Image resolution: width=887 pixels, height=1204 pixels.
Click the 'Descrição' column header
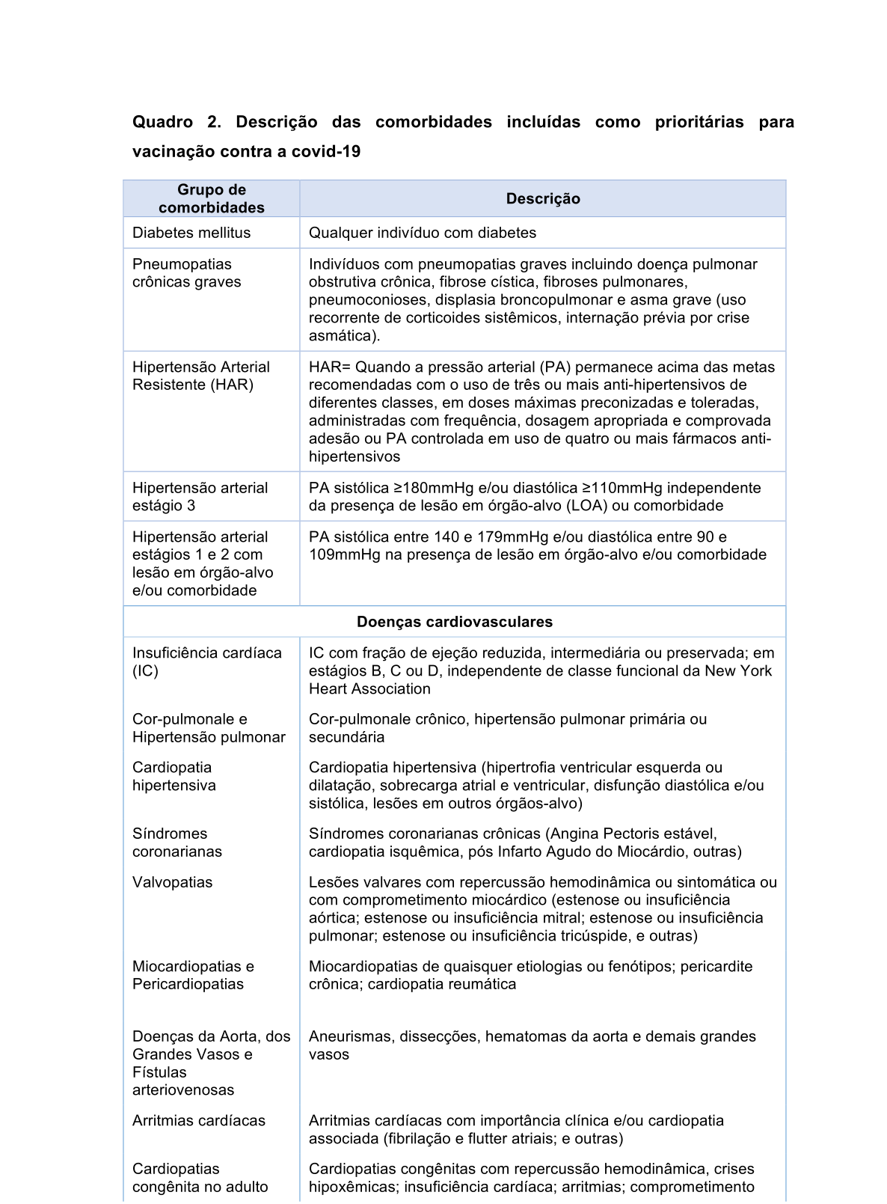click(x=542, y=199)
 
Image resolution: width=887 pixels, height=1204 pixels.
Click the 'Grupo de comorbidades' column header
click(x=212, y=199)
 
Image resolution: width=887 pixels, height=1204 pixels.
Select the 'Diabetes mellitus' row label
click(x=191, y=233)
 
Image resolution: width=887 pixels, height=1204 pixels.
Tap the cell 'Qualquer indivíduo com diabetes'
click(x=423, y=233)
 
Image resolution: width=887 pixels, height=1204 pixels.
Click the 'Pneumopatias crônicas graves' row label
click(x=186, y=273)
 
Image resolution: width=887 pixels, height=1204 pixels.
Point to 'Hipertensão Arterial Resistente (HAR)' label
click(x=200, y=376)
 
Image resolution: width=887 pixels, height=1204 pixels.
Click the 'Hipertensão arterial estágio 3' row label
click(x=200, y=497)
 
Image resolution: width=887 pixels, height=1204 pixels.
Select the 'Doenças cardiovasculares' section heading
click(x=455, y=622)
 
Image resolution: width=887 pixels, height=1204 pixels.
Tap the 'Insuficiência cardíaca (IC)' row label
click(x=206, y=661)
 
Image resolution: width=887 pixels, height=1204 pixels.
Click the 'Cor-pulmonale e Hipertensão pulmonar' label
click(x=209, y=728)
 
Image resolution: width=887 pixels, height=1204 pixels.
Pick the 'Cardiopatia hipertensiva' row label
click(x=174, y=776)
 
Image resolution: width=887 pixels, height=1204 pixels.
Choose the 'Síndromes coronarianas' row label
click(x=177, y=843)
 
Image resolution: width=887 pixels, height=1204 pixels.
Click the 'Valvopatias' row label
click(x=172, y=882)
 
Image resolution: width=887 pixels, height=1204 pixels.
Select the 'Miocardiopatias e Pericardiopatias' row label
click(x=193, y=975)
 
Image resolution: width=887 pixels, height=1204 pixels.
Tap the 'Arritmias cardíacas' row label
click(x=199, y=1121)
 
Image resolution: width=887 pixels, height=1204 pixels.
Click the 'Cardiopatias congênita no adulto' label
click(x=200, y=1178)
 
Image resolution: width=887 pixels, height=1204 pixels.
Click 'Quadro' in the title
click(x=162, y=122)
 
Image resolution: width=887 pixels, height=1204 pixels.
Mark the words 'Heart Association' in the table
click(x=369, y=689)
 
